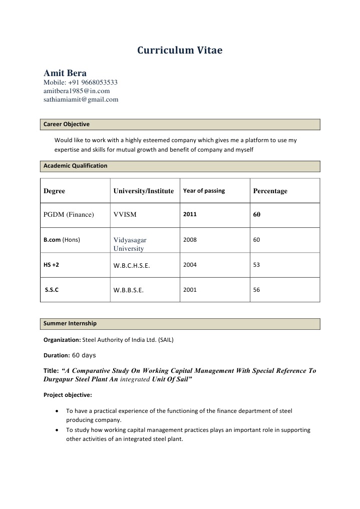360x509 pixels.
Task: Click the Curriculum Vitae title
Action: click(180, 51)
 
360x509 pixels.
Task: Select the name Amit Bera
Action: click(65, 73)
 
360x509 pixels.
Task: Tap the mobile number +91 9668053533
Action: click(81, 83)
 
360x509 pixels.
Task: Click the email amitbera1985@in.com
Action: click(77, 91)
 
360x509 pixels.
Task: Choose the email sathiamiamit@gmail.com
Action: click(81, 100)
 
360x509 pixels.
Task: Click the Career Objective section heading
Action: click(67, 124)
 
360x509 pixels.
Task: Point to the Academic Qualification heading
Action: click(75, 166)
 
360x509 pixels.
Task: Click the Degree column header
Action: click(54, 191)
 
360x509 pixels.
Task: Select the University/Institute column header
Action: click(144, 191)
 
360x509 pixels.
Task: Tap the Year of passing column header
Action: click(204, 191)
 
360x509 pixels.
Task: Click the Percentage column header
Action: click(270, 191)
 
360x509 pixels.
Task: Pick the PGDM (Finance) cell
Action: click(69, 215)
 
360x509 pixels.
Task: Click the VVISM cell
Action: click(125, 215)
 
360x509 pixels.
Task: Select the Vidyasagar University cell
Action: click(130, 244)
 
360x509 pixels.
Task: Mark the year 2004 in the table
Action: click(190, 265)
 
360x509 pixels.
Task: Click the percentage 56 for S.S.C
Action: click(256, 290)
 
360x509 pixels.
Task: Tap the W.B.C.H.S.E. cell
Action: click(132, 266)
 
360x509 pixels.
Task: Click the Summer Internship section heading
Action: click(70, 324)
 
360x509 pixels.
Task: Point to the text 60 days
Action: click(84, 355)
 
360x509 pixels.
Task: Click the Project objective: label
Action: click(68, 395)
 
